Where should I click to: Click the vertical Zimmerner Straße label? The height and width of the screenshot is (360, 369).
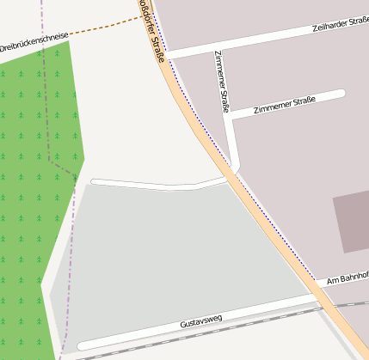coord(222,82)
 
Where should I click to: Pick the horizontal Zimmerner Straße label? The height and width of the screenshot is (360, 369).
coord(285,105)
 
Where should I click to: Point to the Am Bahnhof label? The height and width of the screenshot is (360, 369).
coord(347,278)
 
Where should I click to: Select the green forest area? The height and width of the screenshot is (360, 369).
coord(34,172)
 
